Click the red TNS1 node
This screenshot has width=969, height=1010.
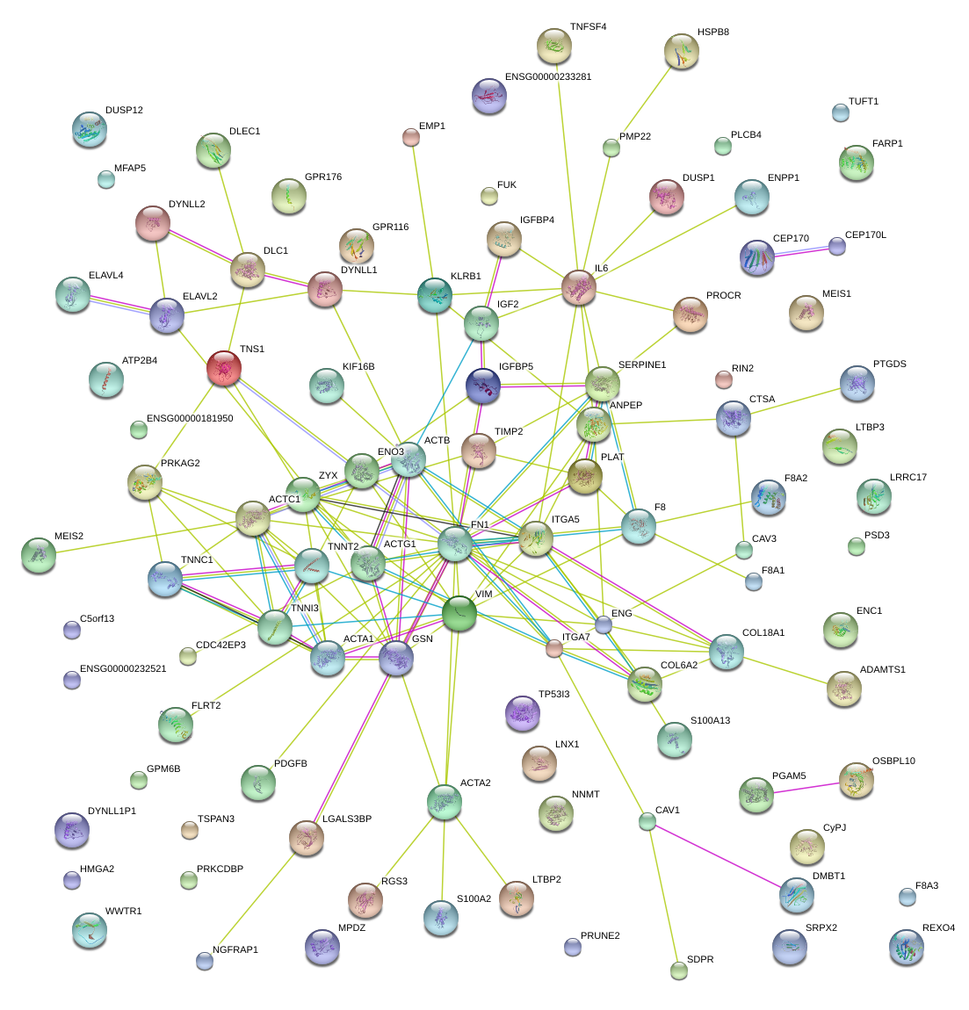pos(224,368)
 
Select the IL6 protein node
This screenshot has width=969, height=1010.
pos(579,287)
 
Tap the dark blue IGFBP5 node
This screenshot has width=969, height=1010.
pos(483,386)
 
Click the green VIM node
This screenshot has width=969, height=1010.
pos(459,613)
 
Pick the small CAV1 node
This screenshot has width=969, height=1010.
pos(647,822)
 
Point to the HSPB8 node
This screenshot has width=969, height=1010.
pos(681,51)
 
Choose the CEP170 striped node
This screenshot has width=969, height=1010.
pos(757,257)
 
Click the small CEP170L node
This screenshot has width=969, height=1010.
pos(837,246)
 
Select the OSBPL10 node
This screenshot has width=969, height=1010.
pos(856,779)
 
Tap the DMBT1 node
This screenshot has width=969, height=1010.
pos(796,895)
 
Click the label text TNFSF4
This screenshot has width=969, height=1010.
pos(588,27)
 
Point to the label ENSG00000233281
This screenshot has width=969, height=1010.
pos(548,77)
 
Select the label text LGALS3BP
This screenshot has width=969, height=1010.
pos(347,819)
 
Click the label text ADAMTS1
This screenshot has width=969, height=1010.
pos(882,670)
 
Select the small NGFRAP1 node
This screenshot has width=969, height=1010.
pos(205,961)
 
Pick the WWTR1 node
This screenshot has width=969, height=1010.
pos(89,930)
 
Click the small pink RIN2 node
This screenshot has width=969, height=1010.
pos(723,379)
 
